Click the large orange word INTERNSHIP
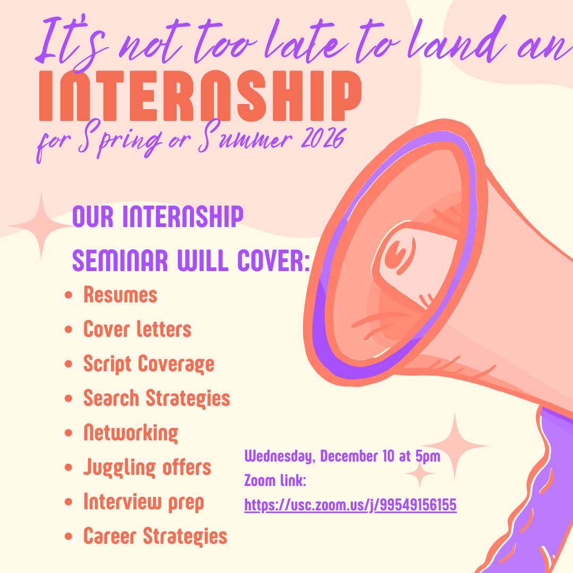tap(200, 95)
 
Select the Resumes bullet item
tap(120, 295)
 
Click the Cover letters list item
tap(137, 329)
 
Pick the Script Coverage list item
tap(149, 364)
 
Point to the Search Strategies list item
tap(157, 398)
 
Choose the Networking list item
tap(131, 433)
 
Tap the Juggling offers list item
tap(147, 467)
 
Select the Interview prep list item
tap(143, 502)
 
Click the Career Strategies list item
tap(155, 536)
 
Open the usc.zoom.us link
tap(350, 506)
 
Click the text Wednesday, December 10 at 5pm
tap(342, 456)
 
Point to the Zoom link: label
tap(275, 481)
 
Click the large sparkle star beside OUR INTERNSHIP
tap(41, 226)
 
